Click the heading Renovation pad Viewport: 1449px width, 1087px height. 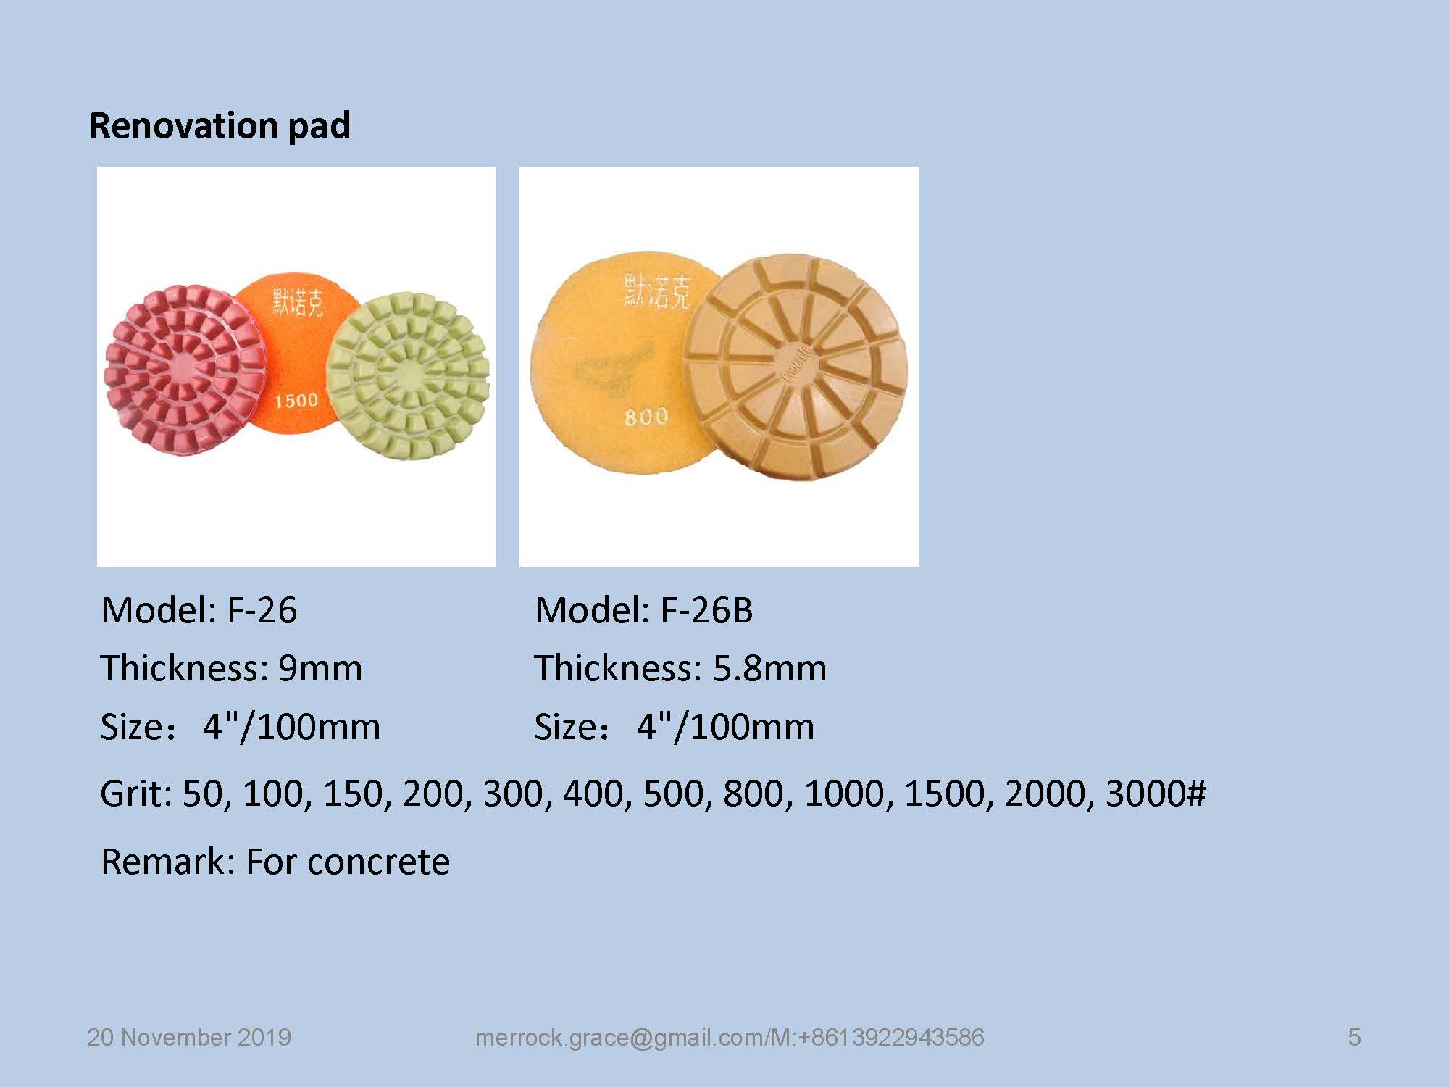pyautogui.click(x=220, y=125)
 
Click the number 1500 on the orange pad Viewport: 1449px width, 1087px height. pyautogui.click(x=296, y=400)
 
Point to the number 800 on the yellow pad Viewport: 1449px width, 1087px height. pyautogui.click(x=646, y=416)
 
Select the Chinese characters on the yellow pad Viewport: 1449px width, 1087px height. pyautogui.click(x=656, y=291)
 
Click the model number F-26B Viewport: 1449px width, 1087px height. pyautogui.click(x=706, y=610)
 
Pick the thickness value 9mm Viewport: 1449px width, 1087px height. pyautogui.click(x=320, y=668)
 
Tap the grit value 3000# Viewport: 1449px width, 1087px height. pyautogui.click(x=1156, y=794)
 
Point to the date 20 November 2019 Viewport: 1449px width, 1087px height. pyautogui.click(x=189, y=1038)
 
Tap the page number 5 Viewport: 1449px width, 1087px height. pyautogui.click(x=1354, y=1038)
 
